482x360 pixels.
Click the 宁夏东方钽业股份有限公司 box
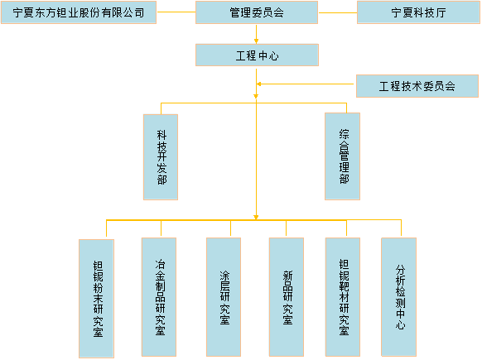79,12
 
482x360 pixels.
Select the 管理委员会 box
257,12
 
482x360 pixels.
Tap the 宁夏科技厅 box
417,12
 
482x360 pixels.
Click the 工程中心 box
257,55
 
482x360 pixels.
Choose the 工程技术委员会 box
417,86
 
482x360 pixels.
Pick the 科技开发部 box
161,156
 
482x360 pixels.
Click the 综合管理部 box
343,156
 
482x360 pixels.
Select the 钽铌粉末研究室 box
98,298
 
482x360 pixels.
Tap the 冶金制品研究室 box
159,296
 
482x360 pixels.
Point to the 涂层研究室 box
224,296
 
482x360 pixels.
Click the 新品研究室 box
287,296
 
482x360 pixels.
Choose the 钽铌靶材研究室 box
343,296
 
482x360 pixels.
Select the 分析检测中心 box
400,296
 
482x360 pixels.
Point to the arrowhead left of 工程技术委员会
260,84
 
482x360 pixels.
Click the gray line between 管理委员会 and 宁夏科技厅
337,12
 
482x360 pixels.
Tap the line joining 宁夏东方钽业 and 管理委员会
176,12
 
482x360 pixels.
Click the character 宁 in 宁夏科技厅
395,13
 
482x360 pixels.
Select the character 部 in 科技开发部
161,180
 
